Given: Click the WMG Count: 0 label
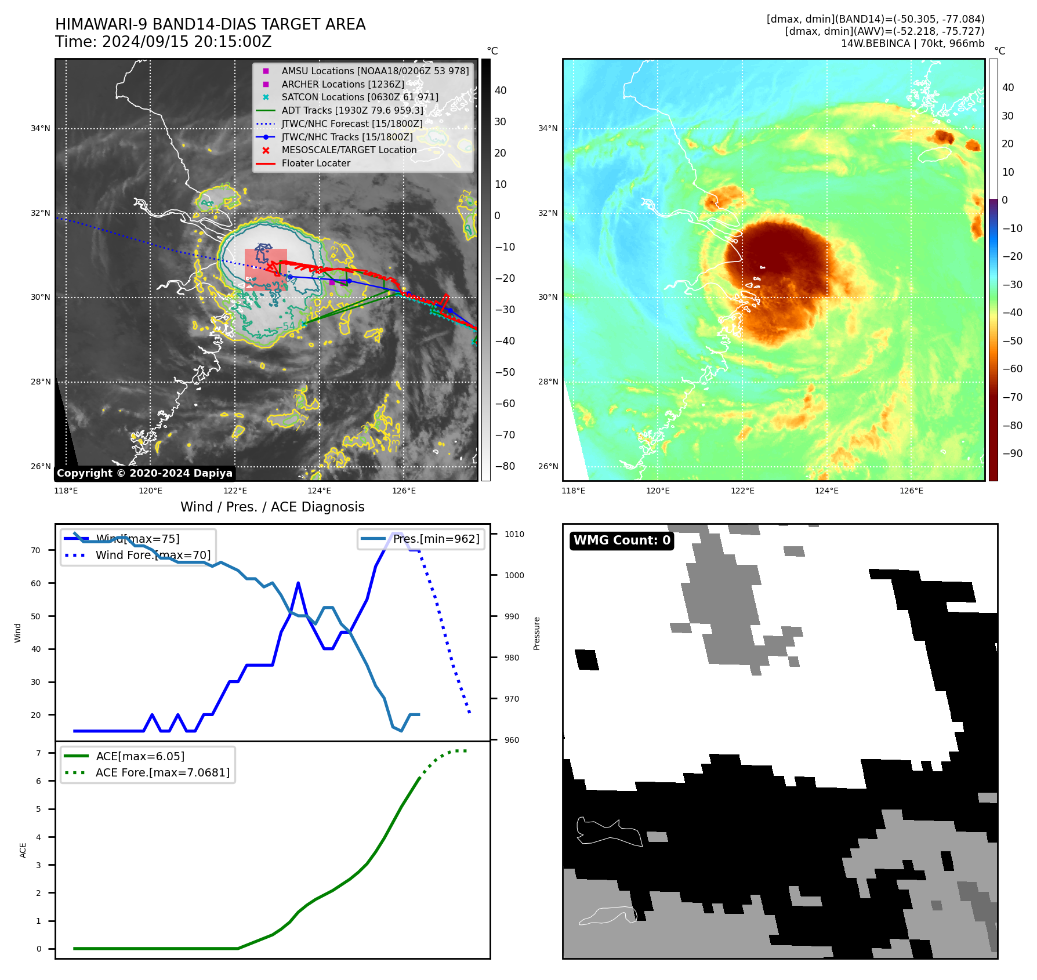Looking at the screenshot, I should tap(622, 540).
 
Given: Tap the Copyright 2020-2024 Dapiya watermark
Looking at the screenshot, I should tap(144, 473).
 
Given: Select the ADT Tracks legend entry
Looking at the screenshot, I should tap(352, 110).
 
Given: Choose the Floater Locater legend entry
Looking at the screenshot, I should tap(316, 164).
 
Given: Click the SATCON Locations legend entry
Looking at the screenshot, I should tap(360, 97).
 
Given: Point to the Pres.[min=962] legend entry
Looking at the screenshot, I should tap(436, 539).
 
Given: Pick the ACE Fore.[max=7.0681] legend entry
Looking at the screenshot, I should tap(162, 772).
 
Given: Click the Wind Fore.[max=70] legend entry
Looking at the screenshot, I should tap(153, 556).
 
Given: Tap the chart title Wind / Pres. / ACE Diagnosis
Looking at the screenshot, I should tap(273, 507).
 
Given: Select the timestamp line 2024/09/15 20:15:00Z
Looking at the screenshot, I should tap(164, 42).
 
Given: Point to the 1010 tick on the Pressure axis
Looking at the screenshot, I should tap(514, 534).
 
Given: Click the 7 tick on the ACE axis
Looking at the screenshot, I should tap(39, 753).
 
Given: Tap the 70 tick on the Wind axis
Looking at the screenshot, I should tap(36, 550).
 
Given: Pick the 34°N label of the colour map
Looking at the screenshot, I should tap(548, 128).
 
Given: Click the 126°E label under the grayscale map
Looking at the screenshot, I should tap(404, 491).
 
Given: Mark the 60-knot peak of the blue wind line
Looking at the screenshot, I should tap(298, 583).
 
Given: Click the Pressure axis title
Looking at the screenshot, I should tap(537, 633).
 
